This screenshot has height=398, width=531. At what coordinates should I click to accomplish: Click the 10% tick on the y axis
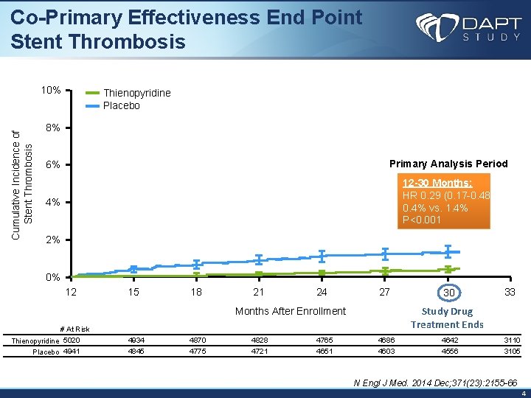coord(51,91)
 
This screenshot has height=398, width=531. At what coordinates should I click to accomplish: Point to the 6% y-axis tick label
coord(53,164)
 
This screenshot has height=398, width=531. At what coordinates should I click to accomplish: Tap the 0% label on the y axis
coord(53,278)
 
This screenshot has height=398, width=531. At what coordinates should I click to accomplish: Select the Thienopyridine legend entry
coord(136,93)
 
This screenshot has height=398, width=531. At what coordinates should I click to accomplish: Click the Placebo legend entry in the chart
coord(121,105)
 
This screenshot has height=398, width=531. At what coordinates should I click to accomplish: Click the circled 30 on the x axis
coord(447,293)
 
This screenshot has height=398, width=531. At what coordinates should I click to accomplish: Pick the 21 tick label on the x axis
coord(259,292)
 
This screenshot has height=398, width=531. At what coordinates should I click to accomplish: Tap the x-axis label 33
coord(509,292)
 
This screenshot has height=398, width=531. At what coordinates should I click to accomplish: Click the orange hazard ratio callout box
coord(444,201)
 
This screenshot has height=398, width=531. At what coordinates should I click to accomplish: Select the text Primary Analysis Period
coord(448,164)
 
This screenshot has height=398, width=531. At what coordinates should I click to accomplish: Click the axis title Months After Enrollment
coord(290,311)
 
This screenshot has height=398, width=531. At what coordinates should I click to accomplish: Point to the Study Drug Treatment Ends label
coord(447,318)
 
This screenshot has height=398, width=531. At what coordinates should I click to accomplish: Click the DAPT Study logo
coord(468,27)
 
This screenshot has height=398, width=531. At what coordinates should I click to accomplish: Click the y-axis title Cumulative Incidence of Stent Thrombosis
coord(23,184)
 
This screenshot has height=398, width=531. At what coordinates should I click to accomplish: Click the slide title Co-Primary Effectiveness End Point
coord(187,17)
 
